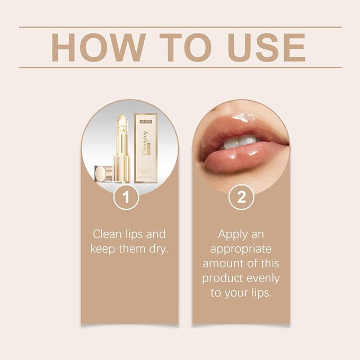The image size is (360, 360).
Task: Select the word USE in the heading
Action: pos(268,48)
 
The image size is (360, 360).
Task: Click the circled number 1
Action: pos(126,198)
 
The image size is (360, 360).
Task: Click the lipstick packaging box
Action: pos(147,151)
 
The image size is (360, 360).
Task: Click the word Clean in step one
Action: pos(107,234)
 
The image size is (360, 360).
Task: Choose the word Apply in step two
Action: pos(234,234)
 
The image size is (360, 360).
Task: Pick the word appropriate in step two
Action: pos(241,249)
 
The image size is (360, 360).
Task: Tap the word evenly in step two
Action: pos(262,278)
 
